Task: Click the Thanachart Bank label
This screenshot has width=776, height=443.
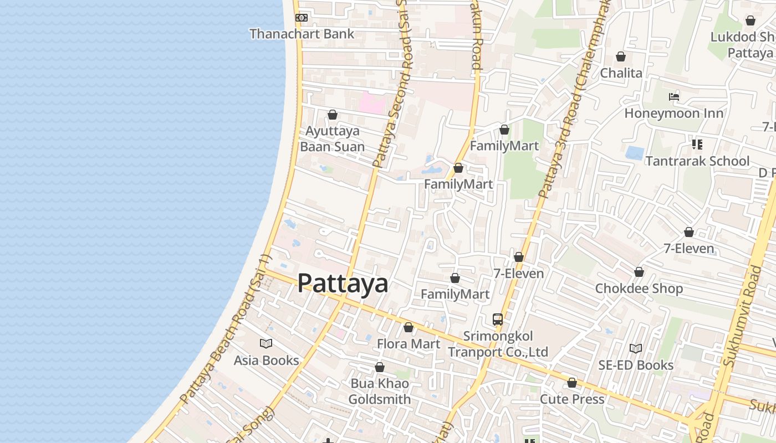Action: tap(302, 34)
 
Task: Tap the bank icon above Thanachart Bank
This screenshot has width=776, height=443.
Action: tap(302, 18)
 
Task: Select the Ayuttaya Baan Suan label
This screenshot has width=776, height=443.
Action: tap(333, 139)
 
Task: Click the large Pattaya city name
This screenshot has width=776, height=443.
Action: tap(343, 284)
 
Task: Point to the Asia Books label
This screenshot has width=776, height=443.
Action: tap(266, 360)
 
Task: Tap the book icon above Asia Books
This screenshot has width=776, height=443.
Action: tap(266, 344)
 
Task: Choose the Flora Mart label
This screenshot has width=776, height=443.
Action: tap(409, 344)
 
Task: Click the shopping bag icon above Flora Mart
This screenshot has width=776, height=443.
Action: tap(409, 328)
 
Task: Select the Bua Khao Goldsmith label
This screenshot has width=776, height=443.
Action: tap(380, 392)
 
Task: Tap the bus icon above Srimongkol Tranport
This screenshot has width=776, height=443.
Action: tap(498, 320)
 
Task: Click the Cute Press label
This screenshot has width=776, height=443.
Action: tap(572, 399)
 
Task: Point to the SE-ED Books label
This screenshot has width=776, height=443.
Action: tap(636, 365)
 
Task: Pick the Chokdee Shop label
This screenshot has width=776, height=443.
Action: tap(639, 289)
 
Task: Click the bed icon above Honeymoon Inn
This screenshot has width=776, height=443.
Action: tap(674, 97)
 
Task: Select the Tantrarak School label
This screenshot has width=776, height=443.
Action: tap(697, 162)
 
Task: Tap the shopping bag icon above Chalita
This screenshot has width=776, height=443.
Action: tap(621, 56)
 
